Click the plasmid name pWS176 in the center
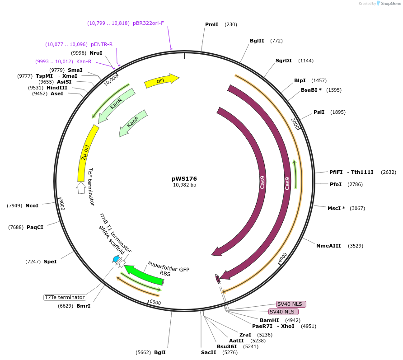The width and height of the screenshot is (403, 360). (x=184, y=178)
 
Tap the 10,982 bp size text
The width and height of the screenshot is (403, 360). (x=184, y=185)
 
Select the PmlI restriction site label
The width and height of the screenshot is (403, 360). (x=211, y=24)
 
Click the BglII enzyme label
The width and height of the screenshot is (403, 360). (x=257, y=41)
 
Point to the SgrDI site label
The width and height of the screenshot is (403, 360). (x=284, y=61)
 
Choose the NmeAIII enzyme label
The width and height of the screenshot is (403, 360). (x=328, y=246)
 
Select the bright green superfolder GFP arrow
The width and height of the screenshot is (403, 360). (x=143, y=276)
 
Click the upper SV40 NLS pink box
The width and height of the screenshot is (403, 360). (x=291, y=304)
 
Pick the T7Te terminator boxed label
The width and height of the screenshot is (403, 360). (x=65, y=297)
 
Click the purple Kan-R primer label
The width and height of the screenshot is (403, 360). (x=84, y=61)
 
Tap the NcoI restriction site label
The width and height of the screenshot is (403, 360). (x=32, y=206)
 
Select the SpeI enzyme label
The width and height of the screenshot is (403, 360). (x=50, y=262)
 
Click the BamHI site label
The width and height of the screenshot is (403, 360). (x=269, y=320)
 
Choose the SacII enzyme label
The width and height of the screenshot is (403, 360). (x=209, y=352)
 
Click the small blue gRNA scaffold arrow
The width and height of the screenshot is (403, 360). (x=116, y=259)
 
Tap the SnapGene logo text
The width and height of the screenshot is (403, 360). (x=390, y=4)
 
